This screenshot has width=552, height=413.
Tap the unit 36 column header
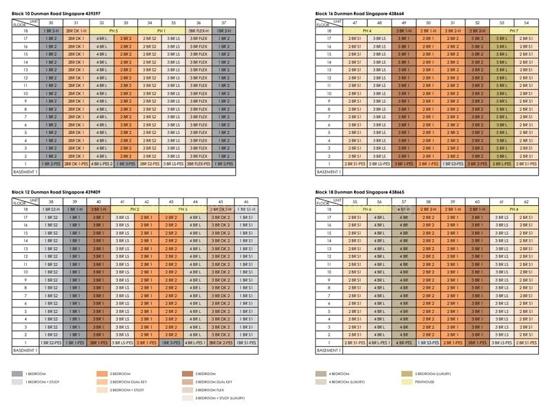(199, 23)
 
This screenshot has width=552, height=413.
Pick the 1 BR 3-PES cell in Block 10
(126, 164)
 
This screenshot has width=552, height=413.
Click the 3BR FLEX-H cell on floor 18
(199, 31)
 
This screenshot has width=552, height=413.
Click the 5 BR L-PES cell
(502, 164)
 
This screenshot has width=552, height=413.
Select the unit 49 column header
(404, 23)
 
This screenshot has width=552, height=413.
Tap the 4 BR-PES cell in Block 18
(404, 343)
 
